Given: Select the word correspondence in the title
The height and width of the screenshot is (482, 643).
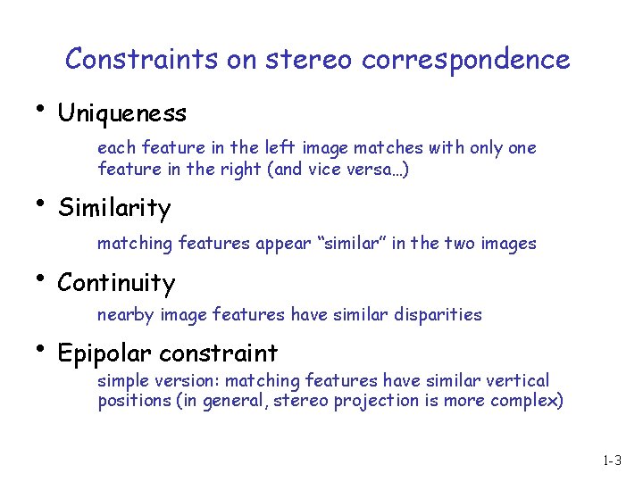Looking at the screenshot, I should pyautogui.click(x=465, y=61).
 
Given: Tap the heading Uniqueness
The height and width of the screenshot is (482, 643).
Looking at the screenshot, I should pyautogui.click(x=121, y=113).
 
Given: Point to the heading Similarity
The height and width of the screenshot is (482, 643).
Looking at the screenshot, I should pyautogui.click(x=114, y=209).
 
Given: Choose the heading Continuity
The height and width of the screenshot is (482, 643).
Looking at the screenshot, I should pyautogui.click(x=116, y=283).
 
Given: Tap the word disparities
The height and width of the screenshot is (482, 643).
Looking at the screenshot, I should pyautogui.click(x=439, y=315).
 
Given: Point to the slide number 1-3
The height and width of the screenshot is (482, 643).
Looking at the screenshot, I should pyautogui.click(x=612, y=462).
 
